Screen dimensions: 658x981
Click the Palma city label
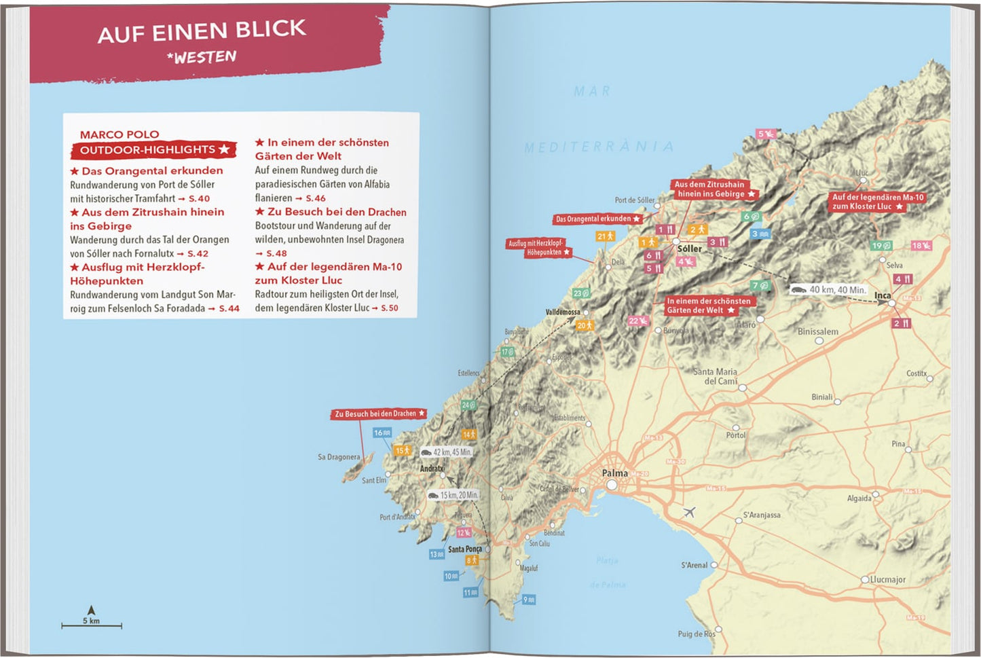click(x=615, y=473)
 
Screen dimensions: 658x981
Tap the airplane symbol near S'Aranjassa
click(x=689, y=511)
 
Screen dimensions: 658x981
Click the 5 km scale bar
click(x=92, y=625)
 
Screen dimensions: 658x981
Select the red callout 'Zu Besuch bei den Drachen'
click(x=380, y=414)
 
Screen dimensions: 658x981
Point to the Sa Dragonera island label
click(x=339, y=457)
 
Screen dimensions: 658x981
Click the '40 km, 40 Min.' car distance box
click(x=829, y=289)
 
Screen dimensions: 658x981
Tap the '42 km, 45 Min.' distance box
click(x=446, y=452)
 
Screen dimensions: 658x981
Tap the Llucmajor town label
click(x=887, y=579)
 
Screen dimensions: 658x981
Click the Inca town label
click(x=883, y=295)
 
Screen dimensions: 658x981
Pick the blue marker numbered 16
click(x=382, y=433)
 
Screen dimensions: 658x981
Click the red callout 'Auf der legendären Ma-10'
click(x=877, y=202)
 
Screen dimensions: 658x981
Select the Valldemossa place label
click(x=563, y=312)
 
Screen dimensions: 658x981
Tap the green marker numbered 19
click(x=881, y=246)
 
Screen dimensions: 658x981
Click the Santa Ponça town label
click(x=464, y=549)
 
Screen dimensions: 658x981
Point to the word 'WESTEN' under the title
click(x=202, y=57)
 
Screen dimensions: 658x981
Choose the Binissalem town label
click(x=817, y=331)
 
